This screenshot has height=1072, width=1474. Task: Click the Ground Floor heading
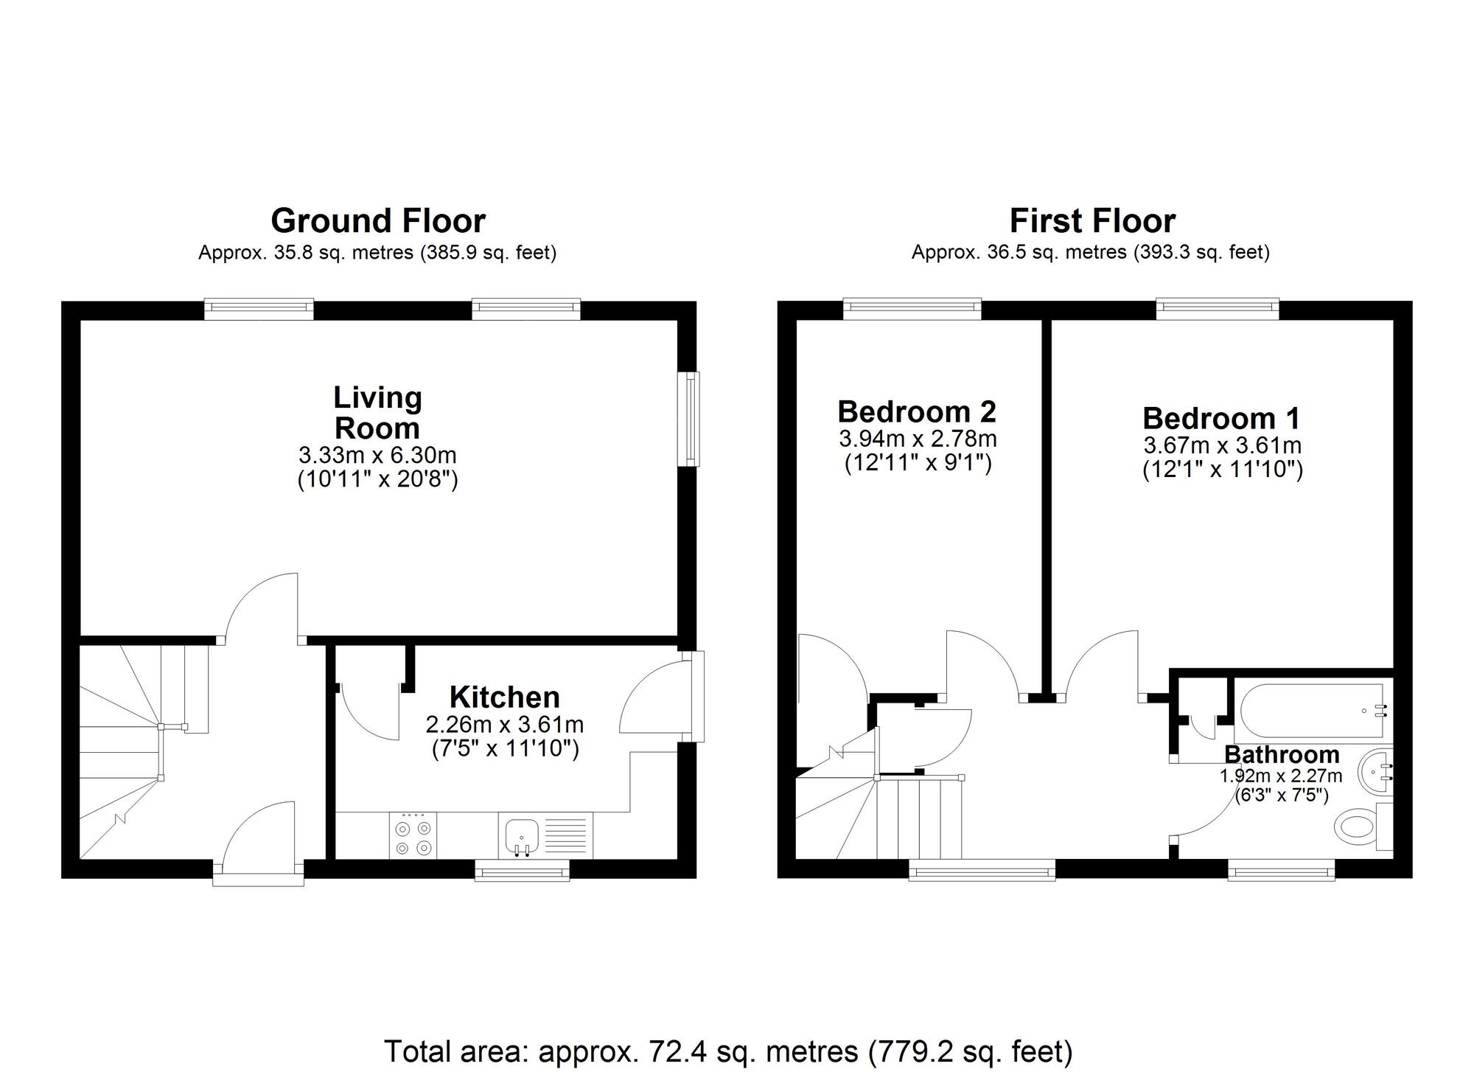click(x=378, y=221)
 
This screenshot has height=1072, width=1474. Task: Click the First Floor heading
click(x=1092, y=221)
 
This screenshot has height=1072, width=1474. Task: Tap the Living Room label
click(x=377, y=413)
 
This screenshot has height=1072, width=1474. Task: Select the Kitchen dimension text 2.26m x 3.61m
click(x=505, y=725)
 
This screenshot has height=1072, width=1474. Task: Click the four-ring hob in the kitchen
click(x=413, y=837)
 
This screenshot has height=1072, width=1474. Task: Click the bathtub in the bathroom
click(x=1312, y=711)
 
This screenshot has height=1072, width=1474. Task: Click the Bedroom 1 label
click(x=1222, y=419)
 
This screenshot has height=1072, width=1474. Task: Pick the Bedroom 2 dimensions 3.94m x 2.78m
click(x=918, y=439)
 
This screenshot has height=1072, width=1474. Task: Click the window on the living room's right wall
click(x=690, y=419)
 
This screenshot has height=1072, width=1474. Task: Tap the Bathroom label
click(x=1282, y=755)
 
